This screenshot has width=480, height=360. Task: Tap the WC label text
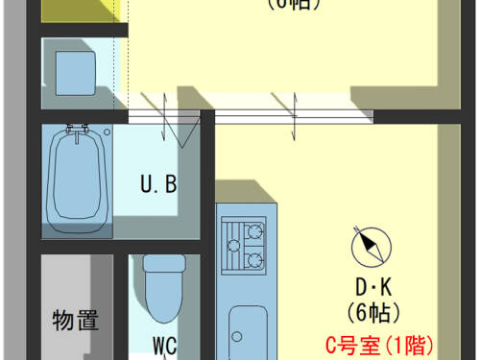click(163, 344)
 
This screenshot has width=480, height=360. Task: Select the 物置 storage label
click(75, 320)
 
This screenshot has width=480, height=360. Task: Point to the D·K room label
click(372, 287)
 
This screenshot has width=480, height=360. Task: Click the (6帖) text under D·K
click(372, 311)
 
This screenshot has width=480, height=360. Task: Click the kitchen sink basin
click(249, 331)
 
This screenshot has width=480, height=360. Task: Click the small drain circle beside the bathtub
click(108, 131)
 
